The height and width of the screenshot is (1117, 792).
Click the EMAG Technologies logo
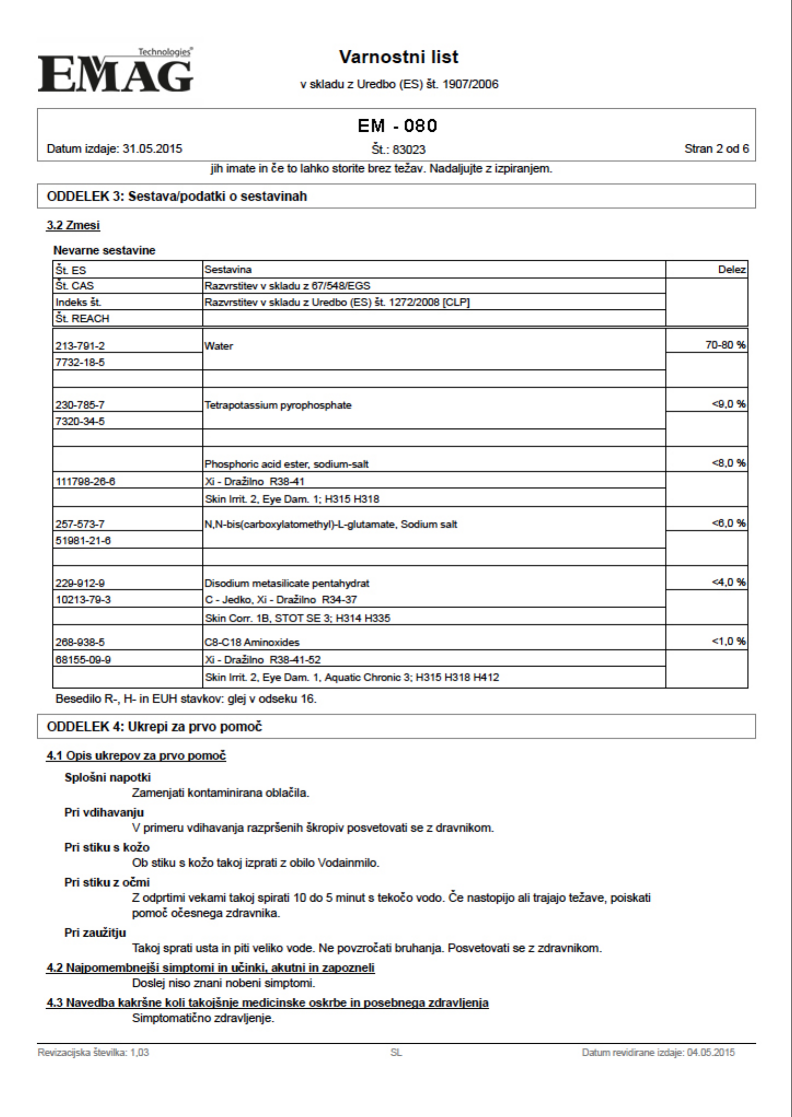(115, 71)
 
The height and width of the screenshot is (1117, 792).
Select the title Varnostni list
(399, 57)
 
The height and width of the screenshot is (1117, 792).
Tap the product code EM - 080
(398, 126)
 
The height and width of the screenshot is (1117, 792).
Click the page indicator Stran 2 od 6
(717, 149)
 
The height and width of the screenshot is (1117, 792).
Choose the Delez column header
(732, 270)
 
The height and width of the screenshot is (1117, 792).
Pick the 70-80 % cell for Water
(725, 345)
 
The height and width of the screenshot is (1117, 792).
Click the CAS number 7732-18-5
(80, 362)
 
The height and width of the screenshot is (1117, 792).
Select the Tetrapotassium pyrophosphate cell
(278, 405)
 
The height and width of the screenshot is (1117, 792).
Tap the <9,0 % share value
(729, 404)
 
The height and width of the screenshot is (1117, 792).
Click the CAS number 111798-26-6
(85, 481)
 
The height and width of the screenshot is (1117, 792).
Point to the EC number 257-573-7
(80, 524)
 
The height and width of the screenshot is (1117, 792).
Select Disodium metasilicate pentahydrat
(287, 583)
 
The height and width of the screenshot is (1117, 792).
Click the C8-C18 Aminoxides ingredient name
(252, 643)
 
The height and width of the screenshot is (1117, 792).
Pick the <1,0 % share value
(729, 642)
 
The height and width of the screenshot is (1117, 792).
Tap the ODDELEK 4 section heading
(154, 727)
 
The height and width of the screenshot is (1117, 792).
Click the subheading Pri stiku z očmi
(107, 883)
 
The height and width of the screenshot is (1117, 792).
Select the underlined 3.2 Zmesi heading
(73, 226)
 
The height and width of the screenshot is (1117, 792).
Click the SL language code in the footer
(396, 1053)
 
